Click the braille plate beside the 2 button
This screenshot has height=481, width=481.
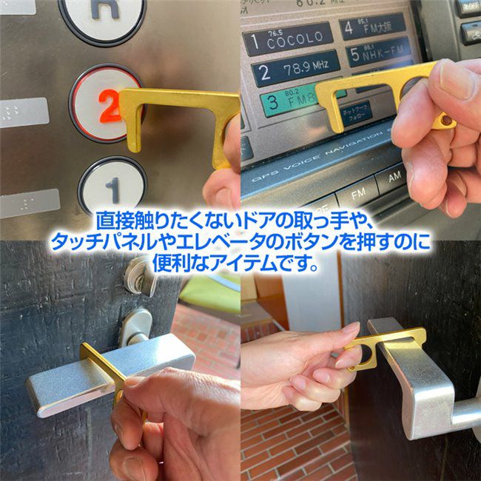tap(24, 112)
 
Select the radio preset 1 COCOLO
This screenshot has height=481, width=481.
tap(289, 38)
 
